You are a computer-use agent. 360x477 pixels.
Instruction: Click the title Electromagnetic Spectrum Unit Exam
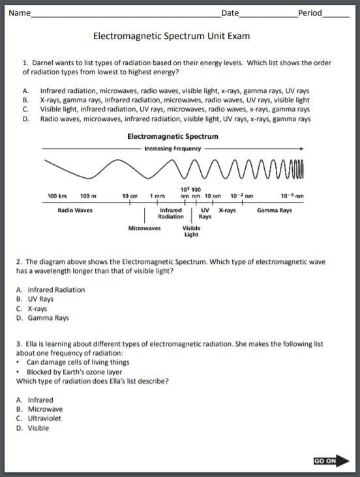click(x=172, y=36)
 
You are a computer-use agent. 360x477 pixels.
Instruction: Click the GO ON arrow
click(x=331, y=461)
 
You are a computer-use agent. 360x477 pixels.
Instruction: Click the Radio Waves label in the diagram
click(x=75, y=210)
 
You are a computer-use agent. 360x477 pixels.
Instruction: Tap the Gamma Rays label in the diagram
click(x=274, y=210)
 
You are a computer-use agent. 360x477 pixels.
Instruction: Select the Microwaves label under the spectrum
click(x=144, y=229)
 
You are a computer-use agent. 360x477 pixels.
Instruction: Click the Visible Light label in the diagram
click(x=191, y=231)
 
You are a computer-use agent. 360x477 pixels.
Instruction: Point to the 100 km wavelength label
click(x=57, y=196)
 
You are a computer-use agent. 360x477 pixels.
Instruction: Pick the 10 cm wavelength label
click(x=130, y=196)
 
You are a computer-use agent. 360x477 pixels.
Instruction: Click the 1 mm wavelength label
click(x=157, y=196)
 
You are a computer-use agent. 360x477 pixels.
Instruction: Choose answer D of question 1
click(x=175, y=119)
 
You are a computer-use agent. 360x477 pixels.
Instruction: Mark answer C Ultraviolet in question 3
click(x=44, y=419)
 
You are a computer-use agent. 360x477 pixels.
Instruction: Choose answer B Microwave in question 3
click(x=44, y=409)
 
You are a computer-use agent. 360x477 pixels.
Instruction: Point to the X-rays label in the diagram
click(x=227, y=210)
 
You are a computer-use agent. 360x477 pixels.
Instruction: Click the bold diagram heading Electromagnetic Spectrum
click(x=172, y=137)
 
